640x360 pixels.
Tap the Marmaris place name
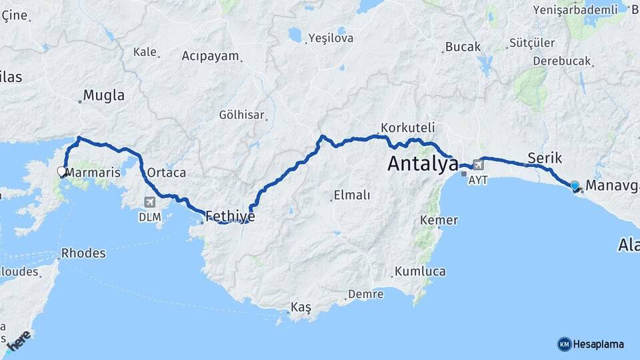94,173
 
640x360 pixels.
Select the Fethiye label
230,216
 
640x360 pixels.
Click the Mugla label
104,95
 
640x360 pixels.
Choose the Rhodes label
83,253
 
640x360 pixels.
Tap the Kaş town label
301,307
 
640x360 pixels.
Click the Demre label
366,294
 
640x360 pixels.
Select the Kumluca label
419,271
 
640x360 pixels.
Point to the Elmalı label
354,196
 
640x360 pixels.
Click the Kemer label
439,220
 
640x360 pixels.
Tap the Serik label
545,158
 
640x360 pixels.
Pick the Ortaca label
166,173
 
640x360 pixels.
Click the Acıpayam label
210,56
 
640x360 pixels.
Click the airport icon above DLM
149,202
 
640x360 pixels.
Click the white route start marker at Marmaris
62,171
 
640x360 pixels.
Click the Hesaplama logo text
597,344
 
